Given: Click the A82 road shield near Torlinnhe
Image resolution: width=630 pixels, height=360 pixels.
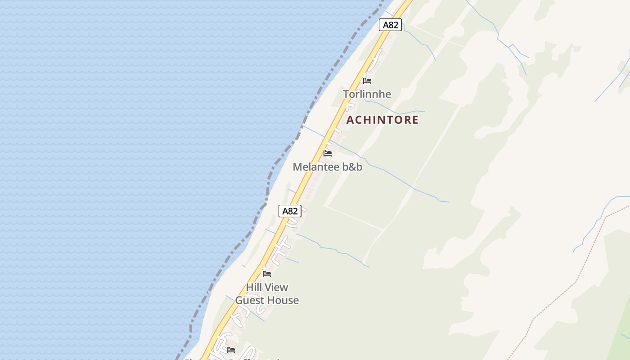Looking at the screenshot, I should (x=390, y=25).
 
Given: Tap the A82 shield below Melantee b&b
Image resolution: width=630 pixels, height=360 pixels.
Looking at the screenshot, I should (x=290, y=211).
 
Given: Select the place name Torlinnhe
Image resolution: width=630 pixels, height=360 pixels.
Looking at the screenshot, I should (x=367, y=94).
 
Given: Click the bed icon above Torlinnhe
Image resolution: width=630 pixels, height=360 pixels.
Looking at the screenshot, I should (x=367, y=81).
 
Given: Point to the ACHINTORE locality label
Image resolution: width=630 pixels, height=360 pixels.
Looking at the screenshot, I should (x=382, y=120).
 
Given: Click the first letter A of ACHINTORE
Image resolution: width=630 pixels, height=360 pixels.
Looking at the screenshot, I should (x=350, y=120).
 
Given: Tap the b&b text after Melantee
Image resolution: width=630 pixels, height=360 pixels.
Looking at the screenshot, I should (x=352, y=167).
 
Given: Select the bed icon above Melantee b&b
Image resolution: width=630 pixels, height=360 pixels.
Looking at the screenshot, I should (x=328, y=153).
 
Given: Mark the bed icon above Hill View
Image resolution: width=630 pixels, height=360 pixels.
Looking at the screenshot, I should (x=267, y=274).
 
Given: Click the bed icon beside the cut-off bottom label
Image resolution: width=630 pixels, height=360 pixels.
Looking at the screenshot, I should (x=231, y=350).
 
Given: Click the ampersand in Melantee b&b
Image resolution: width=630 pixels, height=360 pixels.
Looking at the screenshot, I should (x=352, y=167).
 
